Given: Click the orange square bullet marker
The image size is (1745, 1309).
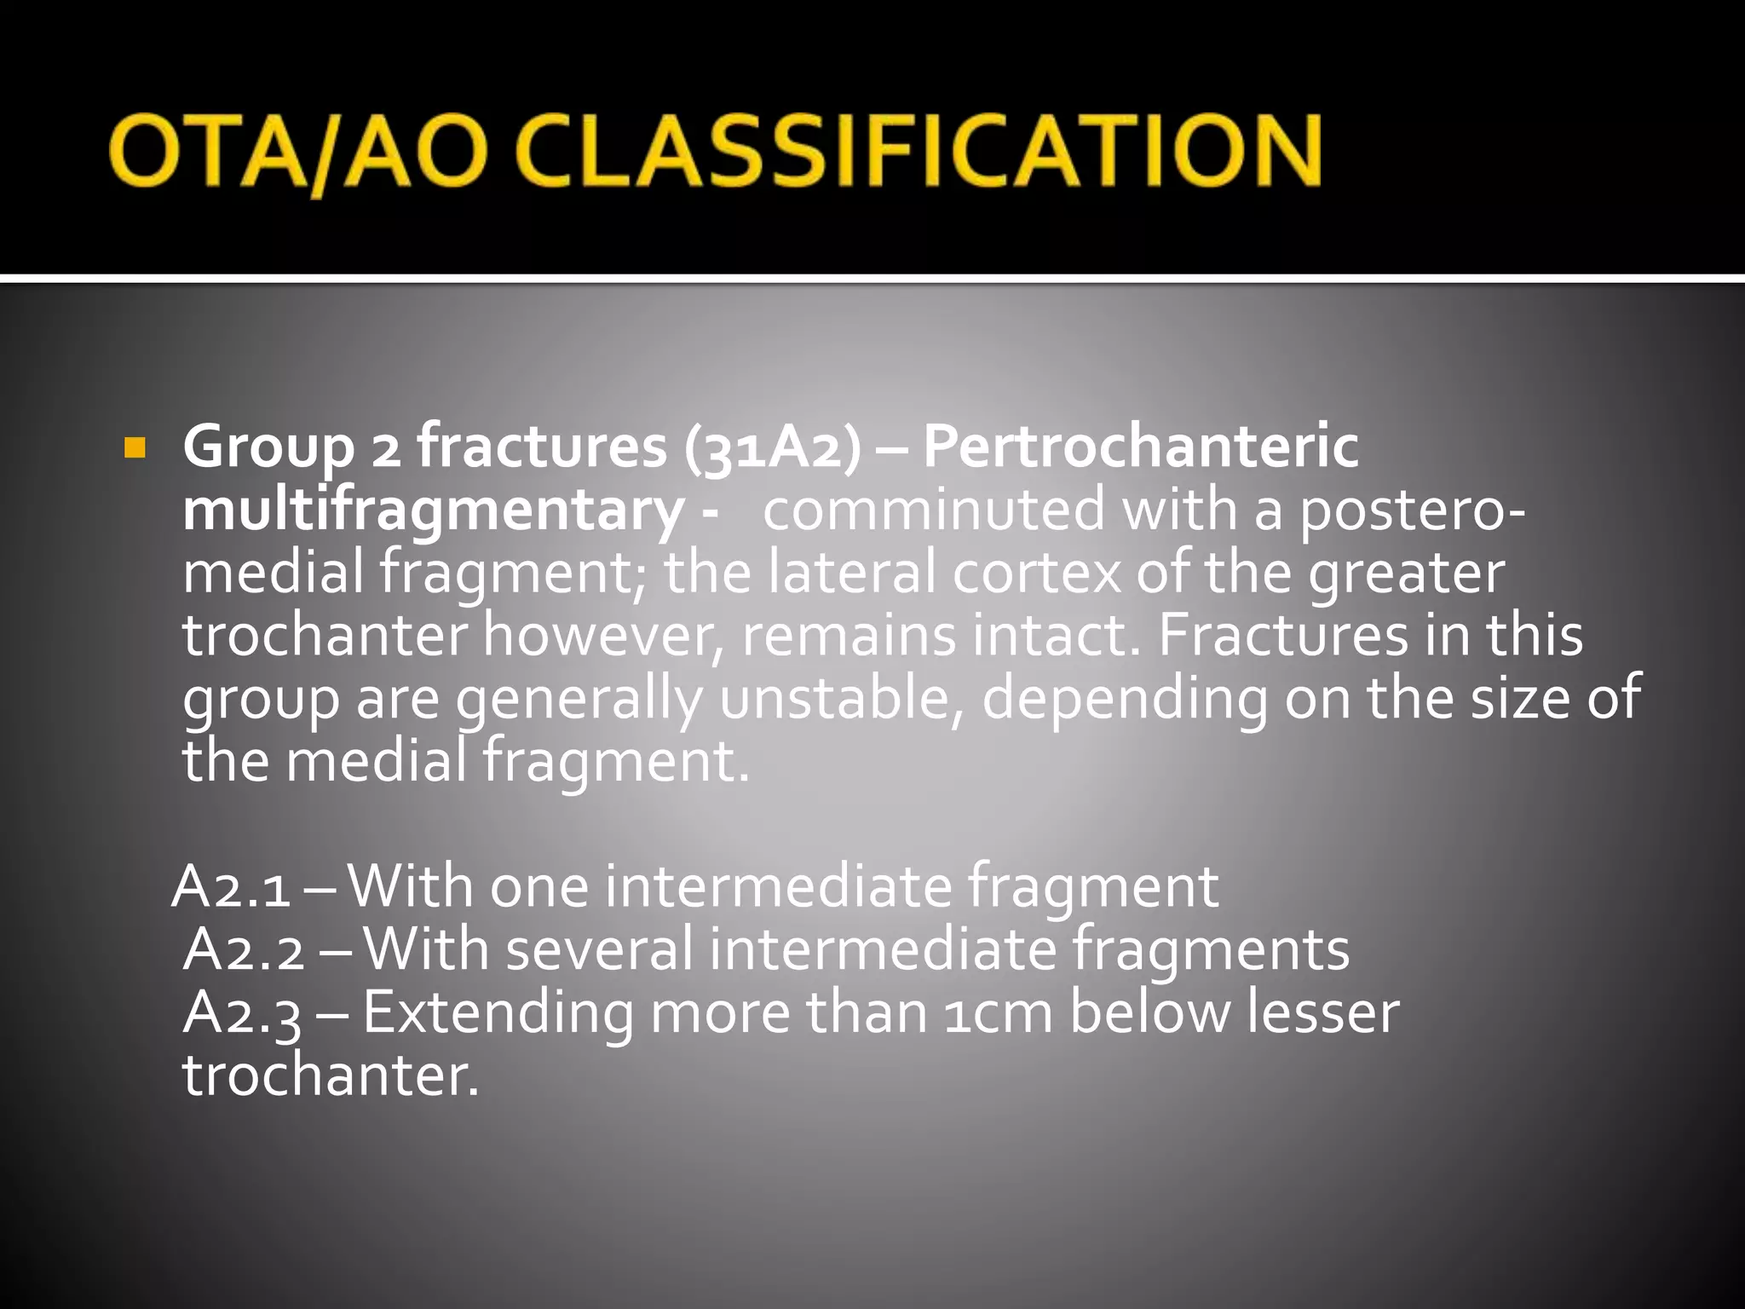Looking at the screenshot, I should pos(135,447).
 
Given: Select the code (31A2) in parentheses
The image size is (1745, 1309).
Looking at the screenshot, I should pos(772,447).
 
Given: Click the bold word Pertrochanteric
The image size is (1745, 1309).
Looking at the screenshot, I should pos(1140,447).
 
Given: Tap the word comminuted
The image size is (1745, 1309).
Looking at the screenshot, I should pos(932,510).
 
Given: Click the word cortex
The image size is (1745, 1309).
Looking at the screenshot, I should pos(1035,573).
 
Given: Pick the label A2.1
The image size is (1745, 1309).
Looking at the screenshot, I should pos(230,887).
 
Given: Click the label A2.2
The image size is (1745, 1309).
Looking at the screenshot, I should pos(244,950).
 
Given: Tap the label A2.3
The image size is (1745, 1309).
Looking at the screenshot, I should pos(242,1013).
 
